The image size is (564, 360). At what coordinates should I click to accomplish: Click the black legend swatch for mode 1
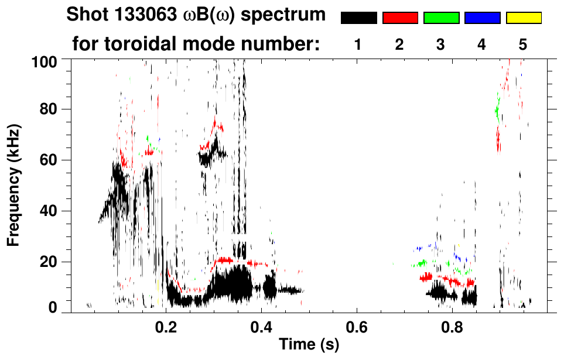point(359,18)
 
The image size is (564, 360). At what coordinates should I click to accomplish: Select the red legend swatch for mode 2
point(400,18)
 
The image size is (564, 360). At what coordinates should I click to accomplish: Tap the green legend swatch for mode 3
point(441,18)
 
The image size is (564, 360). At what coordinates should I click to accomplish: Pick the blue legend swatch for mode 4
point(482,18)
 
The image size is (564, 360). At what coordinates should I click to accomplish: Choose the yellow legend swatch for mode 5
point(524,18)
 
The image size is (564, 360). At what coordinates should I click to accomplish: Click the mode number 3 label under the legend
point(440,44)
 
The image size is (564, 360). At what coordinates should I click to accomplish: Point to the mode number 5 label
point(523,44)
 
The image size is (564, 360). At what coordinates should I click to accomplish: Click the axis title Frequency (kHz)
point(14,184)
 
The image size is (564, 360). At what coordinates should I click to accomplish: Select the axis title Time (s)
point(309,345)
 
